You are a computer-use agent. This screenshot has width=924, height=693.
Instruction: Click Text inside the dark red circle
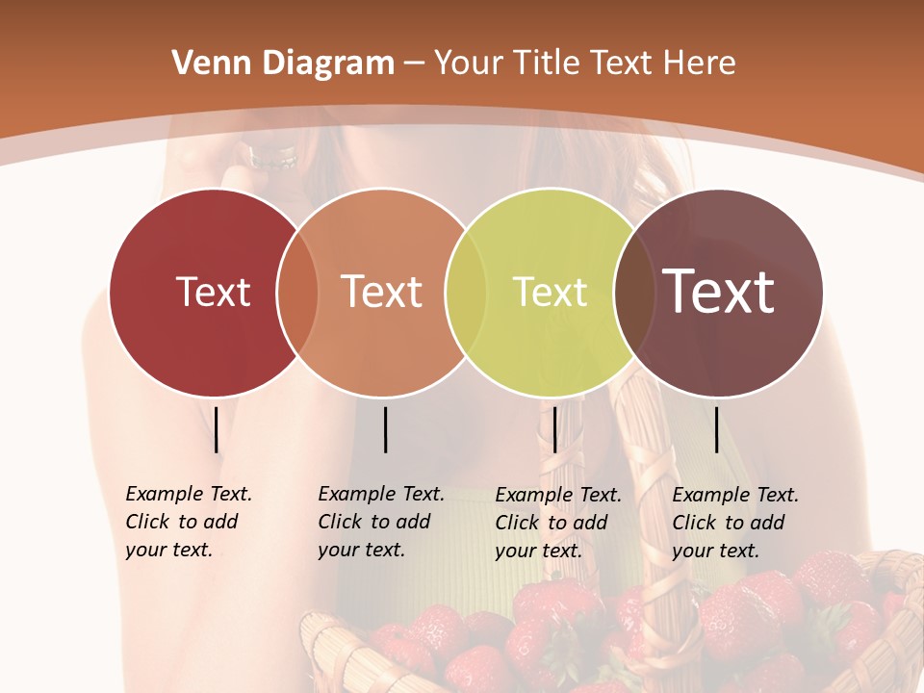(x=213, y=292)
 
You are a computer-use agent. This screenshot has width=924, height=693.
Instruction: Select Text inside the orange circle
(x=382, y=292)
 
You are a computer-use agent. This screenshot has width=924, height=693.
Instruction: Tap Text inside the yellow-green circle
(x=550, y=292)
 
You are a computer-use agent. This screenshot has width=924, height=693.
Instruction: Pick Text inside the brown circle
(x=719, y=291)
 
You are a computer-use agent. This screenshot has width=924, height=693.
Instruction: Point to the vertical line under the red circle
(x=217, y=429)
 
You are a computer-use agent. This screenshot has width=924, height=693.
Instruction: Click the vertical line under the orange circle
(x=385, y=429)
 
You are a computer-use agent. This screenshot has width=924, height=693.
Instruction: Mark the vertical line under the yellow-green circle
(x=554, y=429)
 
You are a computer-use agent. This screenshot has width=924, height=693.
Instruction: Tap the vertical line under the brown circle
(x=717, y=429)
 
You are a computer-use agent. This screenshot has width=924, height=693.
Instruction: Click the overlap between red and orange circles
(x=297, y=293)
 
